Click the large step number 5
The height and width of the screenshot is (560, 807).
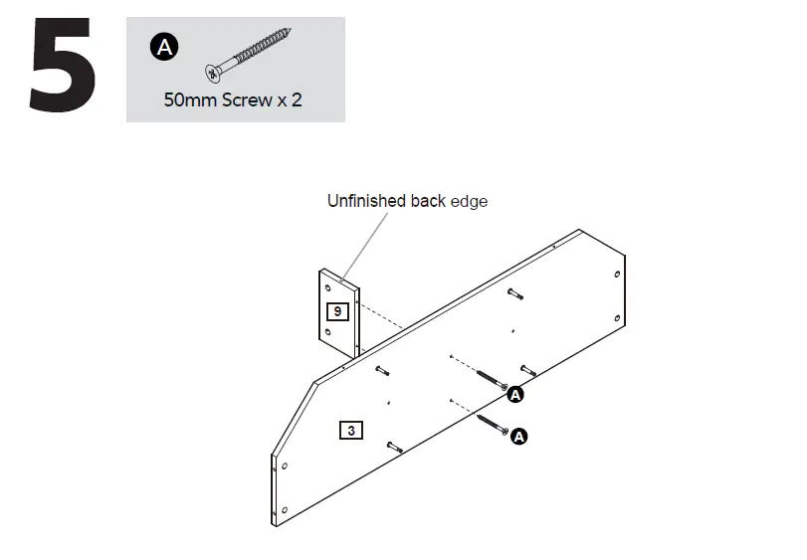[63, 66]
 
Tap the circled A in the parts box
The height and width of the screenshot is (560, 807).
[162, 47]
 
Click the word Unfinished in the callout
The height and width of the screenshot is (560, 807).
[367, 201]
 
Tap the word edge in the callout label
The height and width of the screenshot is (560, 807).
[469, 201]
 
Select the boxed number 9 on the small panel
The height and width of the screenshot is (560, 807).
[337, 311]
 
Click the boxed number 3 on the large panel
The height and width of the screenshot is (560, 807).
[350, 431]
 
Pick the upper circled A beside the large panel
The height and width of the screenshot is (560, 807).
[515, 395]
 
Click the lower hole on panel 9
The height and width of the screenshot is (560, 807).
[329, 330]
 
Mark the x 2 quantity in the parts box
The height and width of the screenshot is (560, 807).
[291, 100]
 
